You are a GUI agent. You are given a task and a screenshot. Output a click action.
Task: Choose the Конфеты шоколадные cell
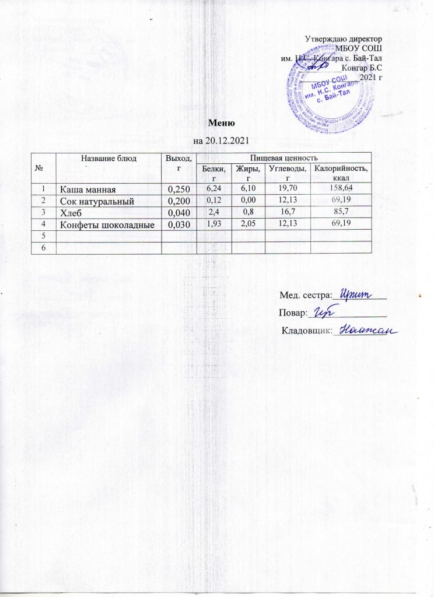(x=108, y=224)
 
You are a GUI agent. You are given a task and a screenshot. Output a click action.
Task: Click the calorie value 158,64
(x=341, y=188)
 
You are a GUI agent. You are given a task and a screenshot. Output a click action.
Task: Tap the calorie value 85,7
(x=341, y=212)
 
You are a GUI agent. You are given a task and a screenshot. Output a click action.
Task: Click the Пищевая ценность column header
(x=283, y=157)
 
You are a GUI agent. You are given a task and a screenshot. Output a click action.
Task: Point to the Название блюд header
(x=108, y=157)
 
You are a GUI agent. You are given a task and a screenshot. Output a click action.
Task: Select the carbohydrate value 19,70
(x=288, y=188)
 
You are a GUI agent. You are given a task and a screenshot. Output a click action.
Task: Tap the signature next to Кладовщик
(x=363, y=331)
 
